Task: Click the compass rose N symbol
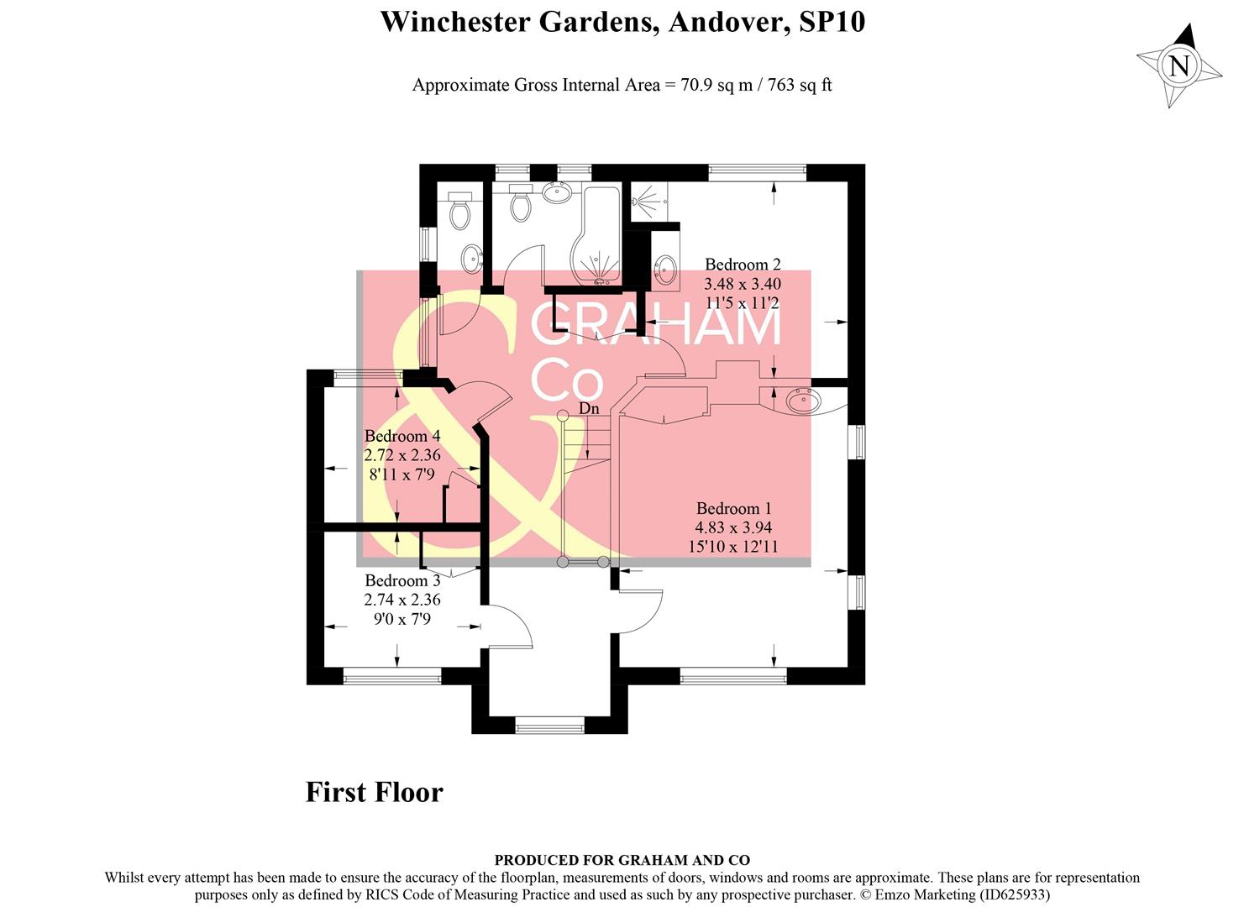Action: point(1179,66)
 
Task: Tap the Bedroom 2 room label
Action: point(743,265)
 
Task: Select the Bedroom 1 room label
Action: point(733,508)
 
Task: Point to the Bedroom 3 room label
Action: point(402,580)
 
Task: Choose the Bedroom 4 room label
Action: point(402,436)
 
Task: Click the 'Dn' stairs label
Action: point(590,408)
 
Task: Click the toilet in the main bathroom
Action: point(522,204)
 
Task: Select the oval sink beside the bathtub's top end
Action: point(558,193)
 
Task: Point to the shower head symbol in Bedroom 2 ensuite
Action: point(644,200)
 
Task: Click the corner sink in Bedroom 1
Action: point(802,401)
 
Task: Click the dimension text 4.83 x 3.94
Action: point(732,527)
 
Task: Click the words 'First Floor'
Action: point(374,792)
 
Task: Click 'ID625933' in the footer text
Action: point(1011,895)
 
